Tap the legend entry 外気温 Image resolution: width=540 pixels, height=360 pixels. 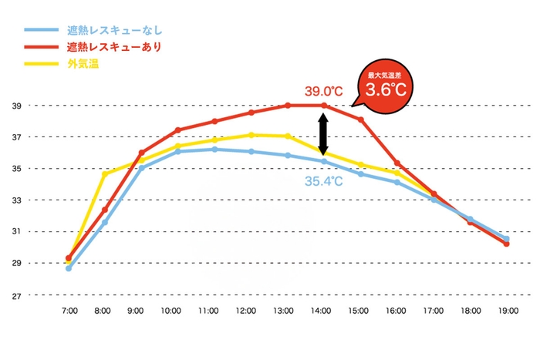[83, 63]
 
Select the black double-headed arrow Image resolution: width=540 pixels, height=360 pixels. [324, 133]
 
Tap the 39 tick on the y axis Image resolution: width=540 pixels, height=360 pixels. [15, 106]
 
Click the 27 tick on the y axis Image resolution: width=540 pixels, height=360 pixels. [15, 295]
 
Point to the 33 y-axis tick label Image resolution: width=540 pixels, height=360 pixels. [15, 200]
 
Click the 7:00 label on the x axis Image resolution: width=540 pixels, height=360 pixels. [68, 311]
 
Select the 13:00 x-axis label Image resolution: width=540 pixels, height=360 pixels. [283, 311]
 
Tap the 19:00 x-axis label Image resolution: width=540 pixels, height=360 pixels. [507, 311]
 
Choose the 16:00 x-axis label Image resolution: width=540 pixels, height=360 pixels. [396, 311]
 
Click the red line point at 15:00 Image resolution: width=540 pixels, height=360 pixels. [360, 119]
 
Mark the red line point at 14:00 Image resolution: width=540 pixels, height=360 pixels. [324, 106]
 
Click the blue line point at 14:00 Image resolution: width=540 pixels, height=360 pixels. [324, 160]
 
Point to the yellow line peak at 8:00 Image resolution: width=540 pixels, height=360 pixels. [105, 174]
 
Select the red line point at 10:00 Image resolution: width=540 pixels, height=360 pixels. [177, 130]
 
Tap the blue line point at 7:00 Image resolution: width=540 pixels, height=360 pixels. [69, 268]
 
